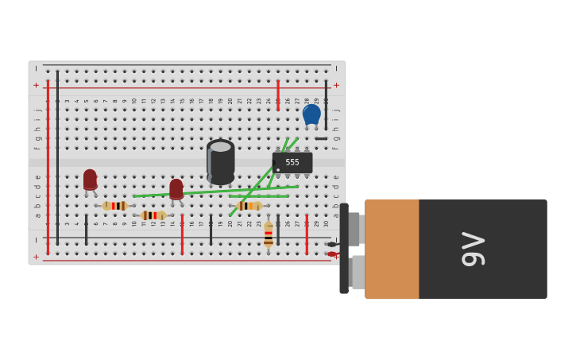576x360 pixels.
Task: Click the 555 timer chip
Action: click(x=292, y=163)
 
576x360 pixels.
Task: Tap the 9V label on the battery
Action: click(x=474, y=249)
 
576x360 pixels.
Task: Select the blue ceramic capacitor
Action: click(x=311, y=114)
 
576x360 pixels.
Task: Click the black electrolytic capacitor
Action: click(x=221, y=161)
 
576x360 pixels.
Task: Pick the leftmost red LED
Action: click(x=90, y=180)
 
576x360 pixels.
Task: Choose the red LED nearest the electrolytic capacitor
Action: click(x=176, y=189)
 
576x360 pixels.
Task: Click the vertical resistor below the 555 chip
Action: click(x=269, y=234)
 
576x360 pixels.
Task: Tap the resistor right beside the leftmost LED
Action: click(x=115, y=206)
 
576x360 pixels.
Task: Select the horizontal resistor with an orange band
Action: click(x=249, y=206)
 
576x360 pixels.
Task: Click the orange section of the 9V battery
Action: click(x=392, y=249)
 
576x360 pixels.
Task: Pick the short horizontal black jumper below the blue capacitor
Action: click(x=321, y=139)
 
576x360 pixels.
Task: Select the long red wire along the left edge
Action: click(x=48, y=167)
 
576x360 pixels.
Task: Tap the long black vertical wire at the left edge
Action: click(x=57, y=159)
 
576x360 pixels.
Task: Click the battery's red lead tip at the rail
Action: click(x=332, y=254)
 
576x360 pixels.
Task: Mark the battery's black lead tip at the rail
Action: click(x=331, y=244)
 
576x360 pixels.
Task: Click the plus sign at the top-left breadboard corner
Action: click(x=36, y=85)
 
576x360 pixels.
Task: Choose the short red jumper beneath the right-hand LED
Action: click(x=182, y=234)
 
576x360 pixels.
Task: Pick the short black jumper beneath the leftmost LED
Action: click(x=87, y=230)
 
